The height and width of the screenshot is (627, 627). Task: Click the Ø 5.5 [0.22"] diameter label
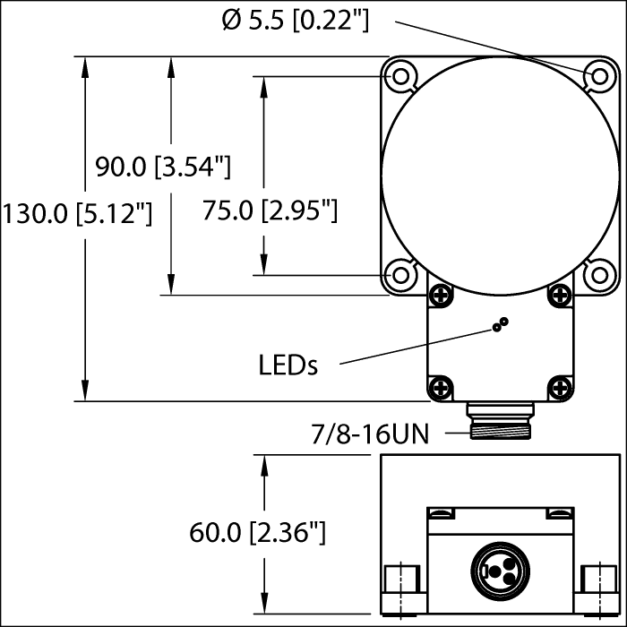coord(295,19)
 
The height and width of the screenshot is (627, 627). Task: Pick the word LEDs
coord(288,365)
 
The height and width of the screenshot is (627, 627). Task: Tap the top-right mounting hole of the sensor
coord(597,76)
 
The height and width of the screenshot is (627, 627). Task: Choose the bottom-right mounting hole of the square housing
coord(597,274)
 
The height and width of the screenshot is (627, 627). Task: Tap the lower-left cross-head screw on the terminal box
coord(440,386)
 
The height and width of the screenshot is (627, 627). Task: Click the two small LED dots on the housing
coord(500,325)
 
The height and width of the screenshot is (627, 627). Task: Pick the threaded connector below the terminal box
coord(500,421)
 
